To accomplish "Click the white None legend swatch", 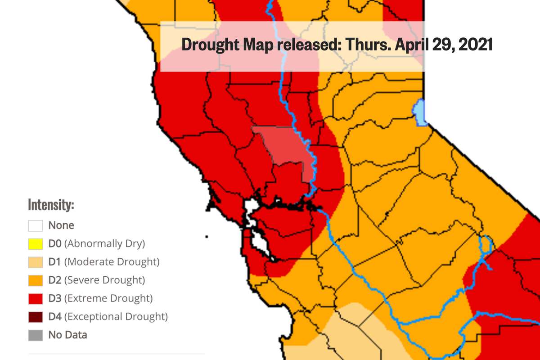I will click(x=36, y=225).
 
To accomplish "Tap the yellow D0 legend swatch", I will click(x=36, y=244).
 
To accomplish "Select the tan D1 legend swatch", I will click(x=36, y=262).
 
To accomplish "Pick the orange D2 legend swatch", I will click(x=36, y=280).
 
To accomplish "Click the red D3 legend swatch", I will click(x=36, y=298).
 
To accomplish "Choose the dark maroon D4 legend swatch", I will click(x=36, y=317).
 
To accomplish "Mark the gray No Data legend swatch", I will click(x=36, y=335).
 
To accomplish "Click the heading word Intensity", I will click(x=51, y=205).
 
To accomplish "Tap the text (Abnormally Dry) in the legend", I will click(x=104, y=244).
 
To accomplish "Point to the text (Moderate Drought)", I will click(x=112, y=262).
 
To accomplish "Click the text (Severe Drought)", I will click(x=104, y=280).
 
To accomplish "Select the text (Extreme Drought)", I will click(x=108, y=298).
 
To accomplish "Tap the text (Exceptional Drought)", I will click(x=116, y=317).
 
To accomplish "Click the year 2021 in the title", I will click(x=475, y=45).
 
